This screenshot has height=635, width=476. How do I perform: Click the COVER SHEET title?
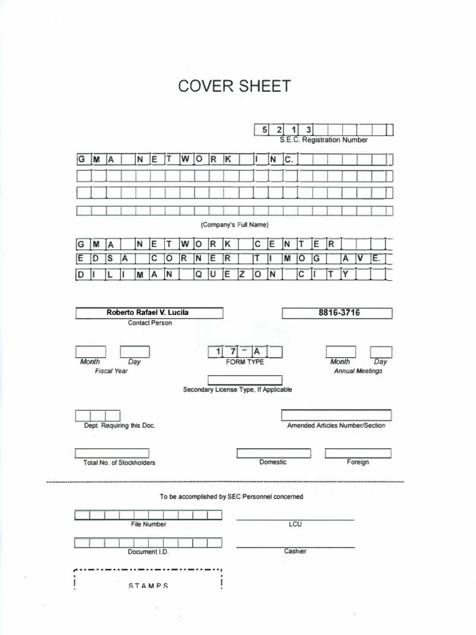(234, 86)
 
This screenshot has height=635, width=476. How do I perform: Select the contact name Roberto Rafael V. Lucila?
(149, 313)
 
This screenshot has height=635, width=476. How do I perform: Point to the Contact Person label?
(150, 323)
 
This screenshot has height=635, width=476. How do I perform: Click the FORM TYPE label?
(245, 362)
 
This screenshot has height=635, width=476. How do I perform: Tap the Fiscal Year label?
(112, 371)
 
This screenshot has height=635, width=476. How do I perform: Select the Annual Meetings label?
(358, 371)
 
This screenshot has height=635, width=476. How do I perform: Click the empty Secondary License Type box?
(245, 380)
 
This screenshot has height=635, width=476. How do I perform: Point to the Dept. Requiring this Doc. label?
(120, 426)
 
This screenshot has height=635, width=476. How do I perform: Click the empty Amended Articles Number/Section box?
(336, 415)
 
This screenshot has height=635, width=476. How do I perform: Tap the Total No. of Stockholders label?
(120, 463)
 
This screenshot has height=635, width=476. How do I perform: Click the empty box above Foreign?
(358, 453)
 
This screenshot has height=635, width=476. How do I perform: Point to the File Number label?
(149, 525)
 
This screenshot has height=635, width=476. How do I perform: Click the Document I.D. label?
(148, 552)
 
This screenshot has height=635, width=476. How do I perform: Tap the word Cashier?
(295, 551)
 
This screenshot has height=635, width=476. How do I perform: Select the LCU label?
(295, 524)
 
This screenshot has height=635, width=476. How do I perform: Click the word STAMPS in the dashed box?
(148, 586)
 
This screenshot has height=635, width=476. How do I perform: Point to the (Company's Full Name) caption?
(234, 224)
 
